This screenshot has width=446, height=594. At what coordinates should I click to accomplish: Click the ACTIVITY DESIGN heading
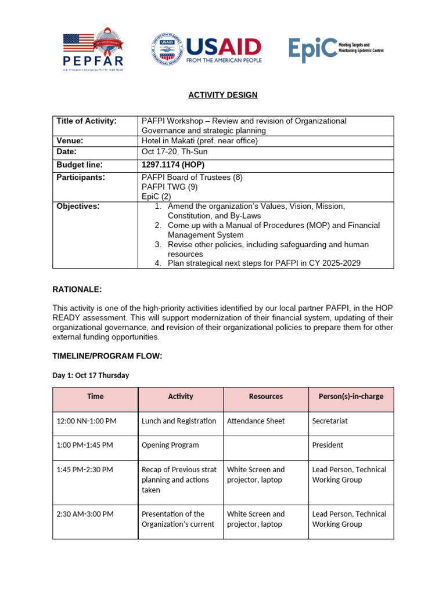(x=223, y=95)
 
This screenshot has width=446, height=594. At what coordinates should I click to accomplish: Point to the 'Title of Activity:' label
(x=87, y=121)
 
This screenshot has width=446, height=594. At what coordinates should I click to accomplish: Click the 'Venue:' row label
(x=70, y=140)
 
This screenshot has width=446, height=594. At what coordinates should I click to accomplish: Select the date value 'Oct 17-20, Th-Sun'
(x=174, y=151)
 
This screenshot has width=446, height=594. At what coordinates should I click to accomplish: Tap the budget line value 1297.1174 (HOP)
(x=173, y=165)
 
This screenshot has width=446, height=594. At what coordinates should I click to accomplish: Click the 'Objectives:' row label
(x=78, y=206)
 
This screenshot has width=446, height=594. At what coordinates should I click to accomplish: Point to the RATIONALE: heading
(x=77, y=289)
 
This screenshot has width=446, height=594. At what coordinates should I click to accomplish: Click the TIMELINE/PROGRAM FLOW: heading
(x=107, y=356)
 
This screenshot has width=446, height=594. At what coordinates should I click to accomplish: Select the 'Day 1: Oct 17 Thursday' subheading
(x=91, y=375)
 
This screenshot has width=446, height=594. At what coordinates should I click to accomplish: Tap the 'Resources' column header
(x=266, y=397)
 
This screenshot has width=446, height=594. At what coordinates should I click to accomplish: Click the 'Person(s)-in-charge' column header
(x=351, y=397)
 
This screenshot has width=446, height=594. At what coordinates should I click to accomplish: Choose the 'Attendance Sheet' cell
(x=256, y=421)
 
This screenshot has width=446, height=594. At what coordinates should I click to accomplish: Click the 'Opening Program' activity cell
(x=170, y=445)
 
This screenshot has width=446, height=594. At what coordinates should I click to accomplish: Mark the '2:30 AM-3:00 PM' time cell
(x=85, y=513)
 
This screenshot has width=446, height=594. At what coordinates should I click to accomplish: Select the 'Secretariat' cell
(x=330, y=421)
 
